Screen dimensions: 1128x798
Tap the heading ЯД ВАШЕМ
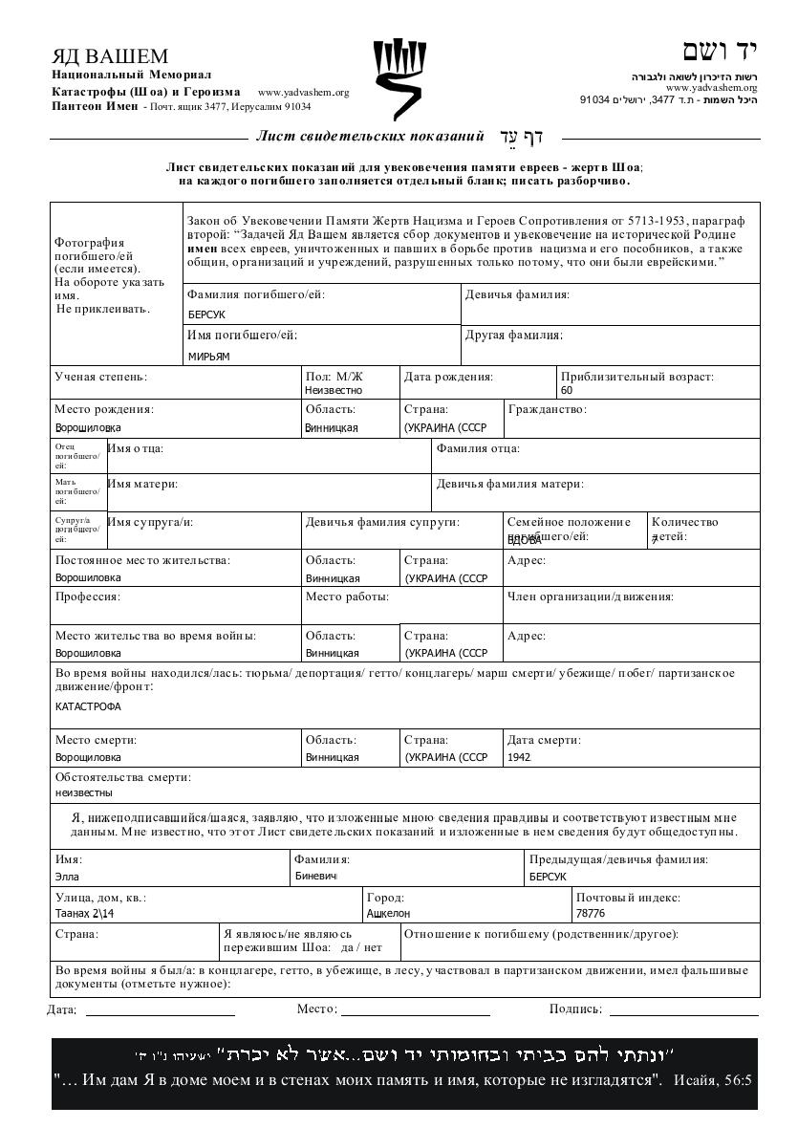[x=110, y=56]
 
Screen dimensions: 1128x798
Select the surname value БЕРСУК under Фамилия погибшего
[x=206, y=315]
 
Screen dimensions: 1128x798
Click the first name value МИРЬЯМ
[x=209, y=357]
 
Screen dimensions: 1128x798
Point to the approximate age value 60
[x=567, y=390]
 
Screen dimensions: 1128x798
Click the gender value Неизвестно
[x=334, y=390]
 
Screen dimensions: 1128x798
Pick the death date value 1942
[x=521, y=757]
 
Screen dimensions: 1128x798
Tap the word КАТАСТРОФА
[x=89, y=706]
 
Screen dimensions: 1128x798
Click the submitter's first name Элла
[x=68, y=876]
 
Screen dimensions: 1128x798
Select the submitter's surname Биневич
[x=316, y=876]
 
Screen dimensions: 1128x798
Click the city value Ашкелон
[x=389, y=913]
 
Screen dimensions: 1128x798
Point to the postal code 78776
[x=592, y=913]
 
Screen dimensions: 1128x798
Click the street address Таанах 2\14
[x=85, y=913]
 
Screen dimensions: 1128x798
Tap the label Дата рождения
[x=448, y=377]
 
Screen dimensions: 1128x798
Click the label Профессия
[x=87, y=597]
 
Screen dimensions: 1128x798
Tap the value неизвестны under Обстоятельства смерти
[x=84, y=792]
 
